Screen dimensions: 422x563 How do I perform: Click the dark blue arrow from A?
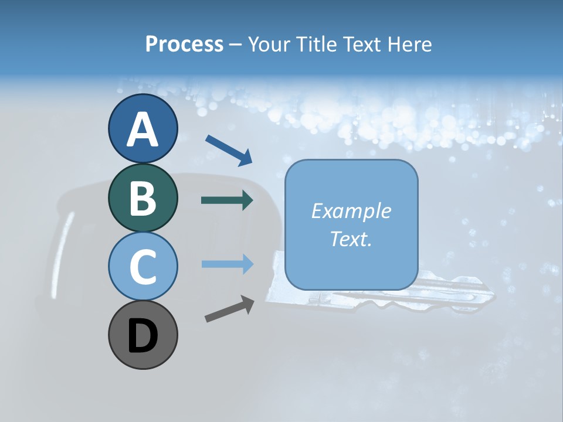click(229, 149)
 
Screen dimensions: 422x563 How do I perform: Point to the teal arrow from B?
click(227, 200)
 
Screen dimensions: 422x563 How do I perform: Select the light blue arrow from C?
click(227, 264)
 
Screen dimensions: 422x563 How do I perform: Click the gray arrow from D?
click(229, 309)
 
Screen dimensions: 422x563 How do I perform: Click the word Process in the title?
click(184, 44)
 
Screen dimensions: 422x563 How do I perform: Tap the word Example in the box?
click(351, 211)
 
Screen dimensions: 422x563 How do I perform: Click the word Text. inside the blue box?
click(351, 239)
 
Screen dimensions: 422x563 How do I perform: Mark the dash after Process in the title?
click(236, 45)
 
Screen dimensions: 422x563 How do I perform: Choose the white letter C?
click(143, 267)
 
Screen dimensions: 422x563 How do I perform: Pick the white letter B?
click(143, 198)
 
